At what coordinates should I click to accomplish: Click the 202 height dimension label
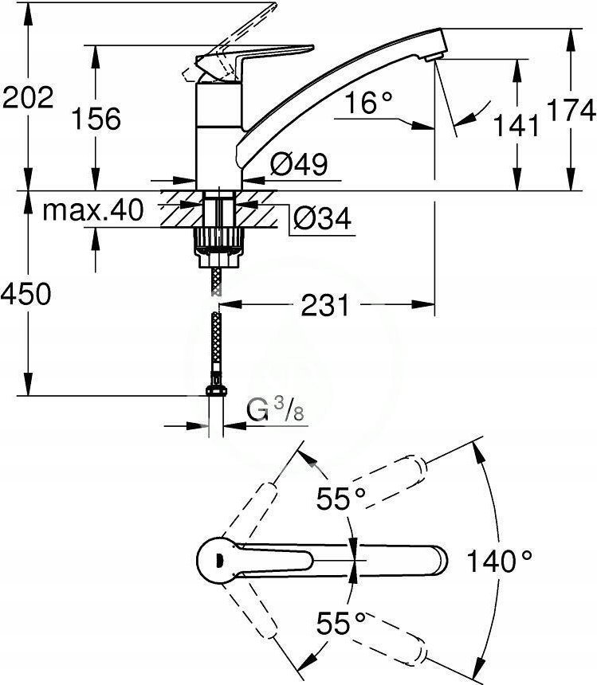tap(29, 97)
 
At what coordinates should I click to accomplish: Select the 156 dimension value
tap(96, 119)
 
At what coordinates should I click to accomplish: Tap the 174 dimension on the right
tap(571, 110)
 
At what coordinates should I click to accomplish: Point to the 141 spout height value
tap(516, 125)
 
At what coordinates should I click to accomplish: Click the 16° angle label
tap(368, 103)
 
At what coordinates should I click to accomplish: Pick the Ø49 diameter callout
tap(298, 164)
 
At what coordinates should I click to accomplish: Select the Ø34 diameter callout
tap(323, 218)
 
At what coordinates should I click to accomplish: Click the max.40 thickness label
tap(92, 209)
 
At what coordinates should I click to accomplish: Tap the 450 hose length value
tap(26, 294)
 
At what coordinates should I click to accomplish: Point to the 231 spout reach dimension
tap(325, 305)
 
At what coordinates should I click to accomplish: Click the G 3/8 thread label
tap(275, 409)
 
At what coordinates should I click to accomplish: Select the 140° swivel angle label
tap(500, 561)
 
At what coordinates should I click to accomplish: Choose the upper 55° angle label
tap(341, 499)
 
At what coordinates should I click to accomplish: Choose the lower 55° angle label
tap(341, 623)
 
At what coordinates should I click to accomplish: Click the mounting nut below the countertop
tap(218, 247)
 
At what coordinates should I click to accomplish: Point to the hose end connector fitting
tap(216, 386)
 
